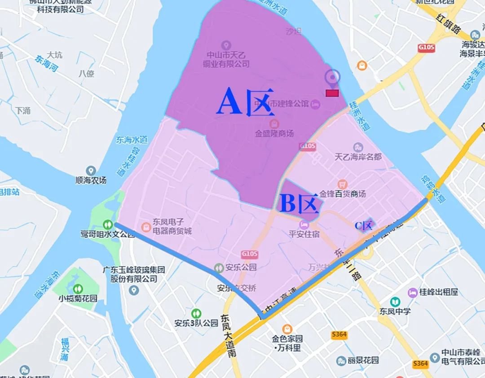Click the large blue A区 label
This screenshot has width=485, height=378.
[x=245, y=102]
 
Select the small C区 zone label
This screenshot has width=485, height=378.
[x=364, y=225]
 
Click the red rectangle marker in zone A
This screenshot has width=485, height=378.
[x=332, y=93]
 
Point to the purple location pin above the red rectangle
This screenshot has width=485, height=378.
[x=332, y=78]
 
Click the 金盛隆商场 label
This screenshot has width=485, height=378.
[x=274, y=133]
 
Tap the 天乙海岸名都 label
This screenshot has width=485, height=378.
[x=358, y=157]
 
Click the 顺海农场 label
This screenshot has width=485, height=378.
[x=91, y=180]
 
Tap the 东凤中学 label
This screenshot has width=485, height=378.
[x=395, y=311]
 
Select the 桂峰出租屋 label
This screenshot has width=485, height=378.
[x=439, y=292]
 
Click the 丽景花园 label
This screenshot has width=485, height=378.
[x=363, y=360]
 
